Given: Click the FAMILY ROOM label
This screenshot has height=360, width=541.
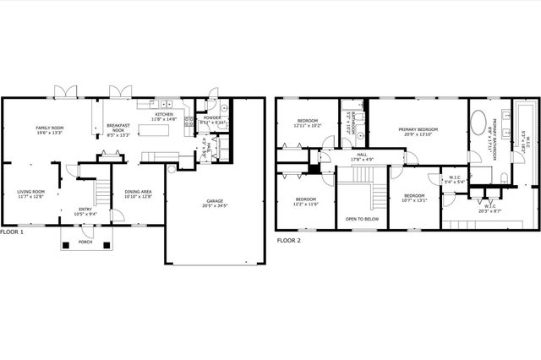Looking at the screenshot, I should pos(50,128).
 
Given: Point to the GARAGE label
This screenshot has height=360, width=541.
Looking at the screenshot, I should pos(213,200).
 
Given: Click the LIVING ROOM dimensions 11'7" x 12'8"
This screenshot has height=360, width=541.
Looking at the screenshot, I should pos(30,197).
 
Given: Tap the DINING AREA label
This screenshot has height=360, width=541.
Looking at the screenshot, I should pos(138,192).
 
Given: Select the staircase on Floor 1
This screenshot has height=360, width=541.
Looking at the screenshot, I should pos(101,194).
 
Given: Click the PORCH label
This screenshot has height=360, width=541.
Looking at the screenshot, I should pos(85,241).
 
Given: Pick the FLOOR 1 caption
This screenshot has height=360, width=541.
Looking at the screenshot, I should pos(12,232).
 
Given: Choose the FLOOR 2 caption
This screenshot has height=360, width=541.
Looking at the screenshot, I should pos(289,240).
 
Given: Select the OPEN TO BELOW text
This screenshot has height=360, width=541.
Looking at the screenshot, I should pos(361,218).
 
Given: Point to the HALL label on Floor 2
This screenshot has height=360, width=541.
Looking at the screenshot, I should pos(361,155).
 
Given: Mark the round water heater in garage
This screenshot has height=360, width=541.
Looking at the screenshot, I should pos(172,169).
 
